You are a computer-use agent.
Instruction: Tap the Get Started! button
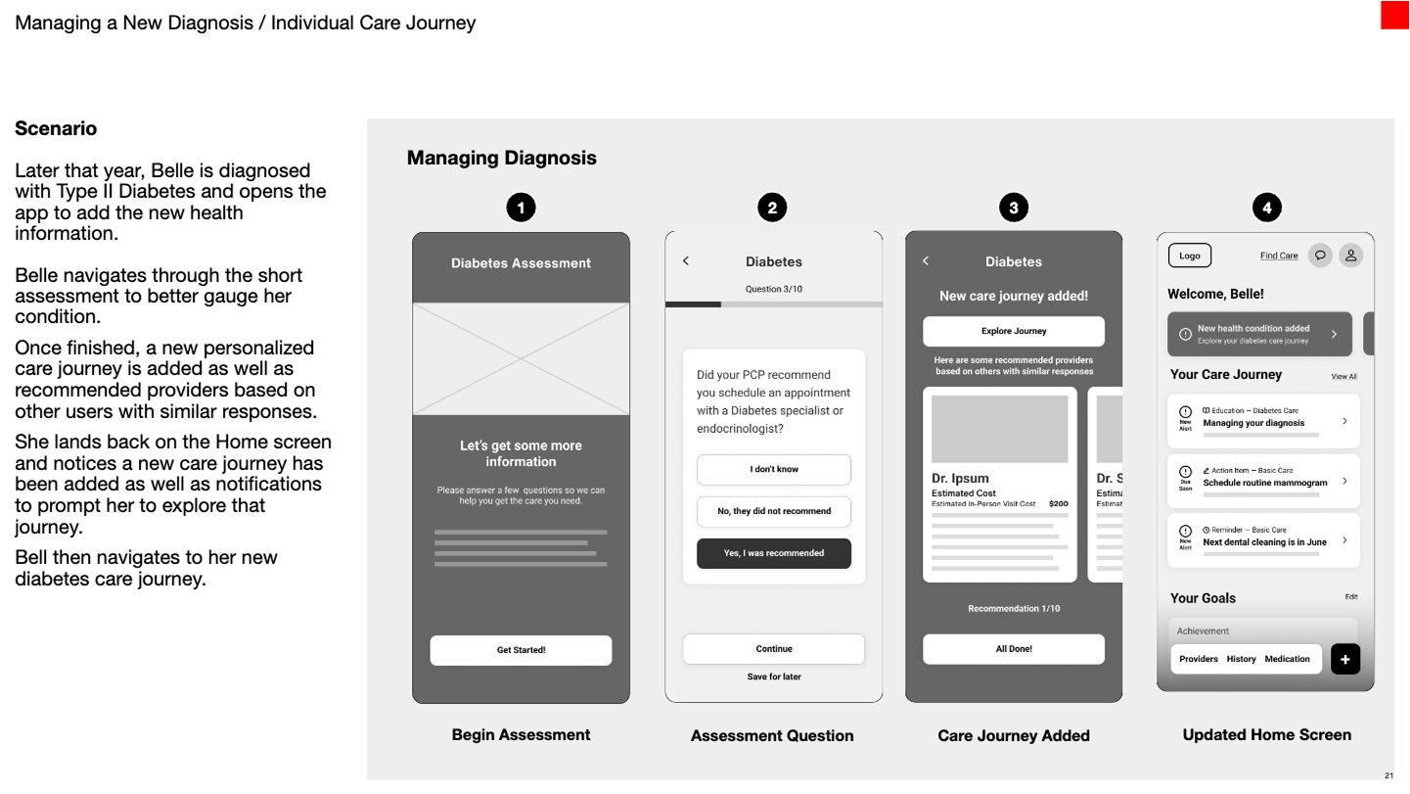(x=521, y=650)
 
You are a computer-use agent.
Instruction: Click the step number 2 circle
(x=772, y=208)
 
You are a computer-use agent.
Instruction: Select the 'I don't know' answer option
(x=774, y=470)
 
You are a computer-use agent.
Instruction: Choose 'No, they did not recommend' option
(x=774, y=511)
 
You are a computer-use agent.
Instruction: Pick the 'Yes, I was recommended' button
(x=774, y=553)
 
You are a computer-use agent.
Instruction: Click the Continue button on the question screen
(x=774, y=649)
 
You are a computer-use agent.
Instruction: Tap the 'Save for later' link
(x=774, y=677)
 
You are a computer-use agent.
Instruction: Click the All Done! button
(x=1014, y=649)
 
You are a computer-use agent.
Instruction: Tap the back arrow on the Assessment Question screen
(x=686, y=261)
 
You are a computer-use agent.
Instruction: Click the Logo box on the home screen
(x=1190, y=256)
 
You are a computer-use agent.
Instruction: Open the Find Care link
(x=1279, y=256)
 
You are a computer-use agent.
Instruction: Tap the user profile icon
(x=1350, y=256)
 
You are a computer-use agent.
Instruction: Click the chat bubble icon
(x=1320, y=256)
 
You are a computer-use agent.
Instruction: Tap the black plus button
(x=1345, y=660)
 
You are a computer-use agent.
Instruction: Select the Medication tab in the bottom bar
(x=1287, y=659)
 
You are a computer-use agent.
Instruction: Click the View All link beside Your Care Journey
(x=1343, y=376)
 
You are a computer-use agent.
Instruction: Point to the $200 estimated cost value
(x=1058, y=503)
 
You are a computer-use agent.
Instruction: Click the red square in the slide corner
(x=1394, y=16)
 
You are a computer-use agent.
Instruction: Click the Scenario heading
(x=56, y=128)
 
